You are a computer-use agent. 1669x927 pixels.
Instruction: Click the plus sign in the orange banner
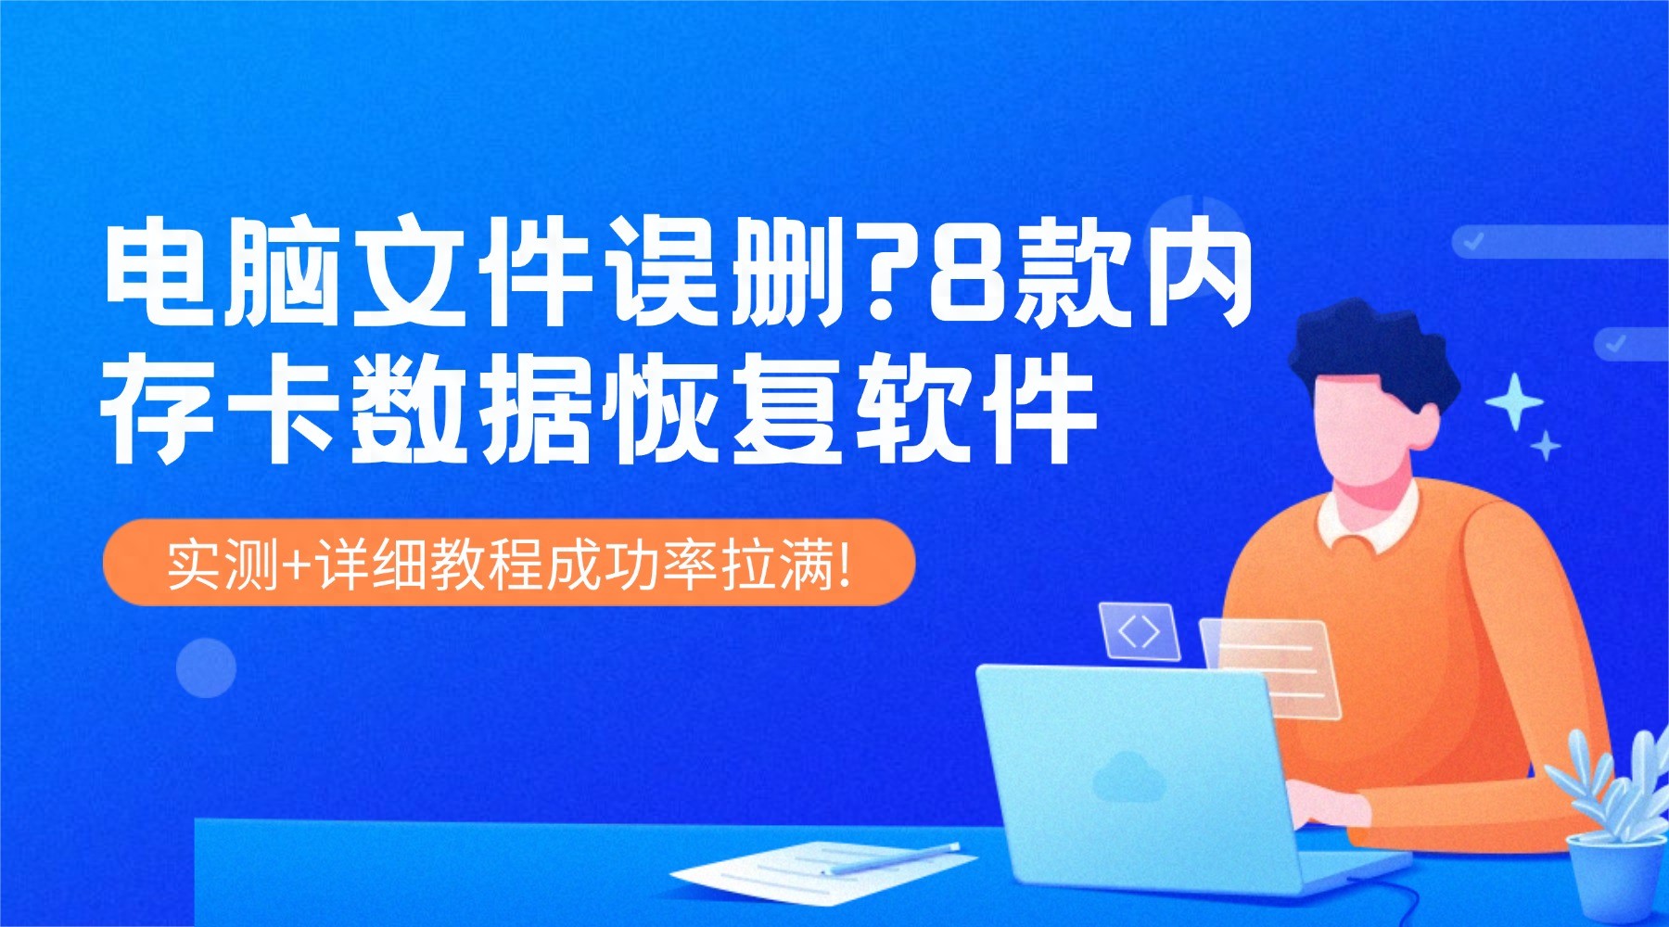point(297,563)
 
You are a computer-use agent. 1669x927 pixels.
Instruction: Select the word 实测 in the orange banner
point(223,563)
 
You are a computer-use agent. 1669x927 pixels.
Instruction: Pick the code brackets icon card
point(1139,631)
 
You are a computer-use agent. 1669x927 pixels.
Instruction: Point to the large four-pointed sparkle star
point(1513,401)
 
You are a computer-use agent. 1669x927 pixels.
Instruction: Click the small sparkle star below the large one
point(1545,446)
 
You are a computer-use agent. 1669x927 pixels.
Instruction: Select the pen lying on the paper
point(895,858)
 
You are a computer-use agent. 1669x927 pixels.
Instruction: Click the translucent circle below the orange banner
point(206,667)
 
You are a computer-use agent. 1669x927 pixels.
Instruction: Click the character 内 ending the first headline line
point(1201,273)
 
